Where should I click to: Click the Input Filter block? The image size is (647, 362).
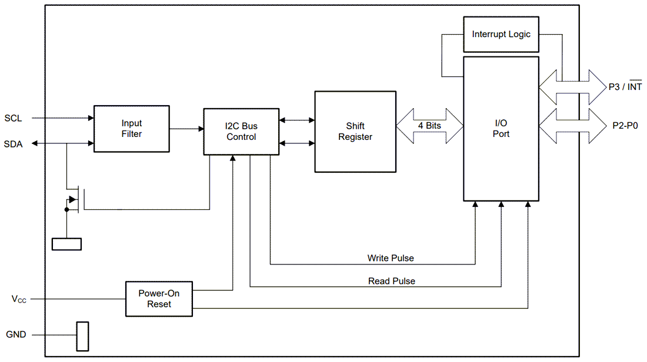pyautogui.click(x=132, y=129)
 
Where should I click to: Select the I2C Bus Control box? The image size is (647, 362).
pyautogui.click(x=241, y=132)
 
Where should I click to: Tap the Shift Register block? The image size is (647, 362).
pyautogui.click(x=355, y=132)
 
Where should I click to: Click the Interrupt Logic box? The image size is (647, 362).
pyautogui.click(x=501, y=34)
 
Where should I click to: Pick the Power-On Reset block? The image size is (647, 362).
pyautogui.click(x=159, y=299)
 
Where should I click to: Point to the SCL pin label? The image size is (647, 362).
pyautogui.click(x=13, y=118)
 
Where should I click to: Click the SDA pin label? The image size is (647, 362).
pyautogui.click(x=13, y=144)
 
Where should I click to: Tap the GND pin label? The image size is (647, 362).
pyautogui.click(x=16, y=334)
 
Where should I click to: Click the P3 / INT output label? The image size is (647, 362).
pyautogui.click(x=625, y=87)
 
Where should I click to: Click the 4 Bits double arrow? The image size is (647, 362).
pyautogui.click(x=430, y=126)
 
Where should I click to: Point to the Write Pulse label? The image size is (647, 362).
pyautogui.click(x=391, y=258)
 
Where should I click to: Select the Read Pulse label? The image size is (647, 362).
pyautogui.click(x=392, y=281)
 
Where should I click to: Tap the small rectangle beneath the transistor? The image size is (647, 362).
pyautogui.click(x=66, y=244)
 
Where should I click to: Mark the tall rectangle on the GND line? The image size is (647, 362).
pyautogui.click(x=82, y=337)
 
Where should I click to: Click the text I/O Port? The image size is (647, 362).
pyautogui.click(x=501, y=129)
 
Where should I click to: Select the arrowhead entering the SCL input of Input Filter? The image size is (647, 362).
pyautogui.click(x=91, y=118)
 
